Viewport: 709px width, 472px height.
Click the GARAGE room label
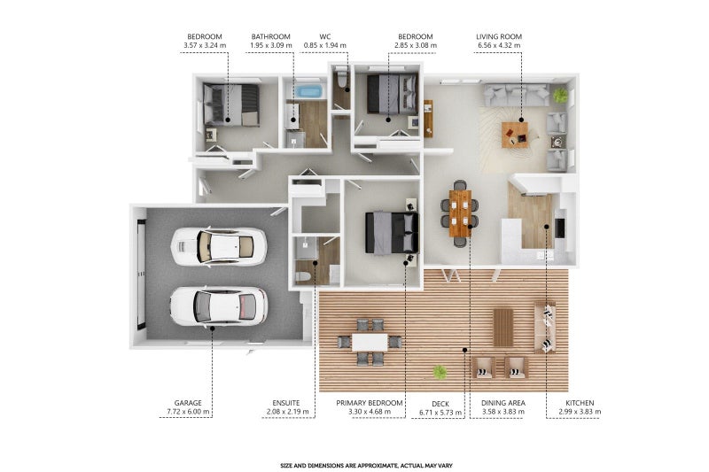click(x=188, y=403)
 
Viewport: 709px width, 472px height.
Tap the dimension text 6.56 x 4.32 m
click(x=499, y=45)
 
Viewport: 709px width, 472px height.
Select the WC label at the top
click(x=324, y=36)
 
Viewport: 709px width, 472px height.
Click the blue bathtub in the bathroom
click(x=308, y=92)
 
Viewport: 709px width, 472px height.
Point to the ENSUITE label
click(x=285, y=403)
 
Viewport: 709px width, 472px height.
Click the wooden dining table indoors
click(x=460, y=213)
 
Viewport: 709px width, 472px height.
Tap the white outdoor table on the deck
click(x=370, y=342)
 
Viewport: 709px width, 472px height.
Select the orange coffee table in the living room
click(x=515, y=135)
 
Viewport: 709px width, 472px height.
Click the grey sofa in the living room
click(x=517, y=95)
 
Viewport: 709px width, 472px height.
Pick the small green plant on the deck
click(x=440, y=372)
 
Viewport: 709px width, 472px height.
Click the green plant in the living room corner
click(x=560, y=95)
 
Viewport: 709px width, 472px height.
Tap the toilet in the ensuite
click(x=302, y=276)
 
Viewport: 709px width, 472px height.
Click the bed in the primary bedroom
click(x=392, y=233)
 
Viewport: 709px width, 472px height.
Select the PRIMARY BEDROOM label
click(x=369, y=403)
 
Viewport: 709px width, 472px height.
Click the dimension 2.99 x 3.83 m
click(x=580, y=412)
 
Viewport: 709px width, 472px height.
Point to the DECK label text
click(x=440, y=404)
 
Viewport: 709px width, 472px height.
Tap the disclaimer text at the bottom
click(x=366, y=465)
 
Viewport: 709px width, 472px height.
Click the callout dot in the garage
click(x=212, y=329)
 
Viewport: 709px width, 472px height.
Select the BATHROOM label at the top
click(x=271, y=36)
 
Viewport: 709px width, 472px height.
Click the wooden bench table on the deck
click(x=503, y=327)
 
